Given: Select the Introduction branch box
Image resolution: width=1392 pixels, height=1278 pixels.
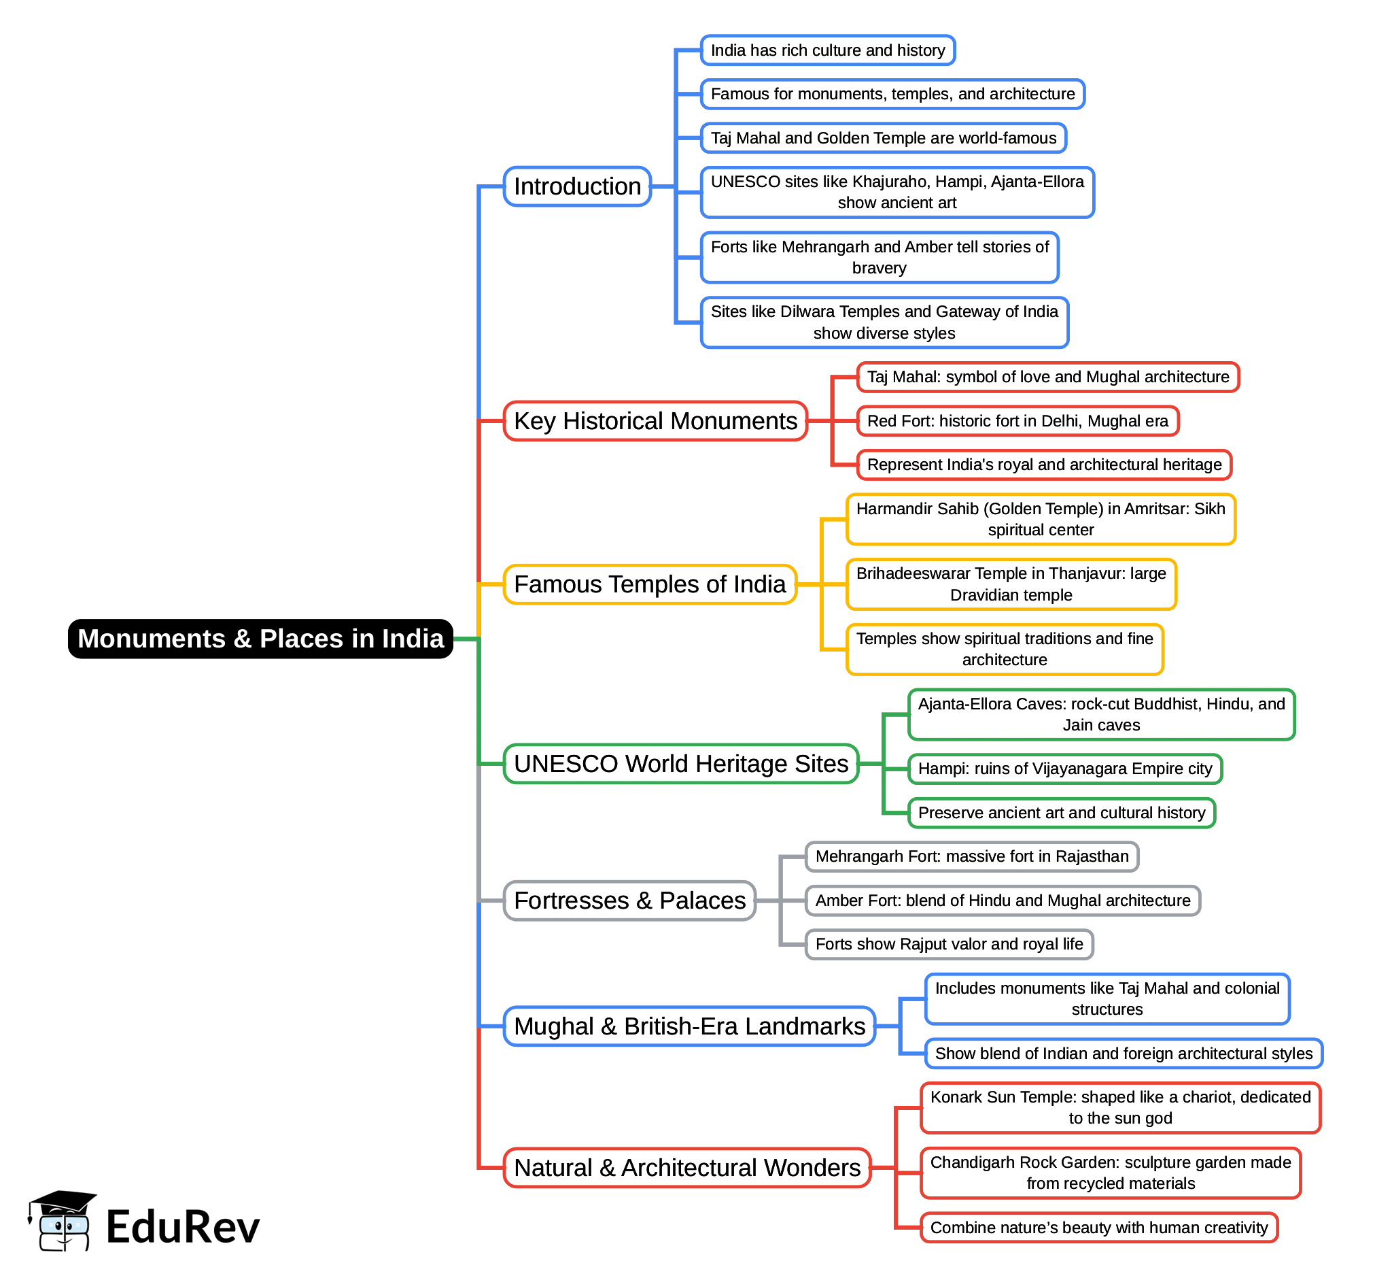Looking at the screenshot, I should tap(577, 187).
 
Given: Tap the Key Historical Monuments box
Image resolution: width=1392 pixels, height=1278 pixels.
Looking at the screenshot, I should tap(655, 421).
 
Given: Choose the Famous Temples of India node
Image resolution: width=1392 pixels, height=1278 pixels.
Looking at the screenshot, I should tap(650, 584).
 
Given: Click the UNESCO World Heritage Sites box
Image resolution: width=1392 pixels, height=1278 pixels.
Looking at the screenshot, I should tap(681, 764).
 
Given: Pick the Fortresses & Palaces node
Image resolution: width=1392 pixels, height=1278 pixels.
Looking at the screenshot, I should tap(629, 901).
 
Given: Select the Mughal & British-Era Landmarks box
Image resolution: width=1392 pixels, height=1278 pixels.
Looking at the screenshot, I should tap(689, 1026).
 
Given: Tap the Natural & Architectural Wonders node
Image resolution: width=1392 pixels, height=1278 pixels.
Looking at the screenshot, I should tap(687, 1168).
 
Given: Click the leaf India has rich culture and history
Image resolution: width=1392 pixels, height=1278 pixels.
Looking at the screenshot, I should tap(827, 50).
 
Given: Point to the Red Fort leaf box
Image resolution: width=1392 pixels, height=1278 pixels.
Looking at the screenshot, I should tap(1017, 421).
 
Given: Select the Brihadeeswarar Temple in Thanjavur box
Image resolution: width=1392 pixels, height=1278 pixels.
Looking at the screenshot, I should tap(1011, 584).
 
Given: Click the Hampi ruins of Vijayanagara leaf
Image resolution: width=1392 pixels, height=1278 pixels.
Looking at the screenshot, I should tap(1065, 769).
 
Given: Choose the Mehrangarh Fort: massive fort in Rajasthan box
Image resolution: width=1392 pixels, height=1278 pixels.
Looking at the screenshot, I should tap(972, 857).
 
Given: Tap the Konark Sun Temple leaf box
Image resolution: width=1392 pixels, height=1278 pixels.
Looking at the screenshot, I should tap(1120, 1108).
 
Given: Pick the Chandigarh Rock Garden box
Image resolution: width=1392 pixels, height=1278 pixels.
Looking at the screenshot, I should tap(1111, 1173).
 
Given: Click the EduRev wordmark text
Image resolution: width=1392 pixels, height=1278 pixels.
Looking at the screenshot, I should tap(183, 1228).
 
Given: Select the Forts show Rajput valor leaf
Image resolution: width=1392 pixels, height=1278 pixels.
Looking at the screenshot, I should tap(949, 945).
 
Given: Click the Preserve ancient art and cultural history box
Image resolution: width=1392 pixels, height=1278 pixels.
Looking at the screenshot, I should tap(1062, 813).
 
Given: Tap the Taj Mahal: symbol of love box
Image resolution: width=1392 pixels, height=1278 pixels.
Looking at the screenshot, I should tap(1048, 377).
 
